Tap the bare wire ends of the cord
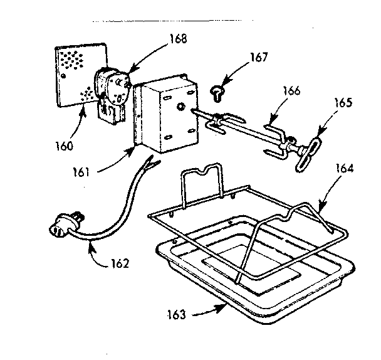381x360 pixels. click(x=149, y=164)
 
